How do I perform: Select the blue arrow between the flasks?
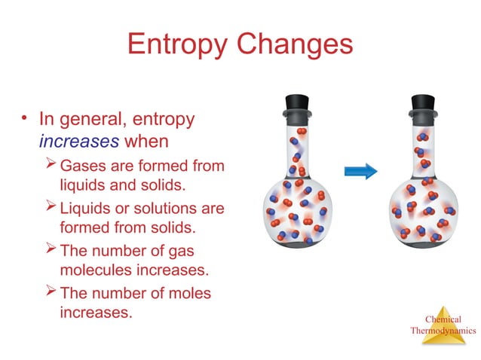[360, 172]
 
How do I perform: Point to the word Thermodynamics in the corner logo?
[443, 330]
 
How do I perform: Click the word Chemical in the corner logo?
[443, 319]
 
